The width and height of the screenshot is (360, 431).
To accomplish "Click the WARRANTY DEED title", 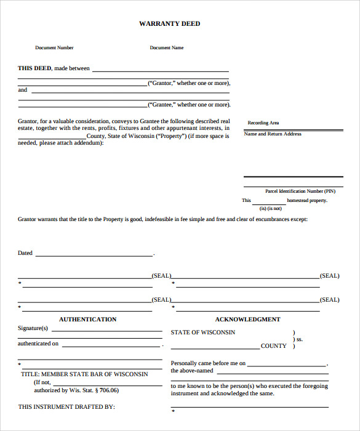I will [x=169, y=24].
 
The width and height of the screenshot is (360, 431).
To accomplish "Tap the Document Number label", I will [x=54, y=48].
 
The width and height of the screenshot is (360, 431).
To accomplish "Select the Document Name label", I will [x=167, y=48].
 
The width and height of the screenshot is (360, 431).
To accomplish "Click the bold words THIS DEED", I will [x=34, y=68].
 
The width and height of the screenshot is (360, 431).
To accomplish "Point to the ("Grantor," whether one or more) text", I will [x=189, y=83].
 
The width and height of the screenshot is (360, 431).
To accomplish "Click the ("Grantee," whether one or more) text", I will [x=189, y=105].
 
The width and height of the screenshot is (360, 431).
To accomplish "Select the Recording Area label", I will [x=263, y=123].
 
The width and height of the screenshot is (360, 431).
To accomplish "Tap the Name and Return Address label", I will [x=273, y=134].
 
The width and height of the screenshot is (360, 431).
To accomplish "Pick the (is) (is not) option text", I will [x=270, y=209].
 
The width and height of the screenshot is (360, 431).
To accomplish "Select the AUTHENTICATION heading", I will [x=87, y=320].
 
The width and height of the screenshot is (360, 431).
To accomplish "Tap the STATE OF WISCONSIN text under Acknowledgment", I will [x=203, y=332].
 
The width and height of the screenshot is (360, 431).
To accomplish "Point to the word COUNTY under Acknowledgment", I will [x=274, y=346].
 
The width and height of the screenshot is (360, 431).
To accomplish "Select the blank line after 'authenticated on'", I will [x=111, y=346].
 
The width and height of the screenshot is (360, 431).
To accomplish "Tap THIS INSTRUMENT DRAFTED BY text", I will [x=66, y=407].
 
